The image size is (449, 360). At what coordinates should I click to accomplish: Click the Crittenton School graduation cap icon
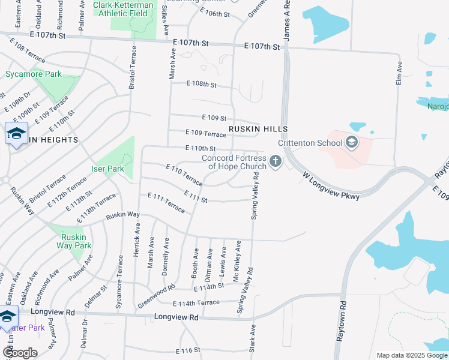coord(351,143)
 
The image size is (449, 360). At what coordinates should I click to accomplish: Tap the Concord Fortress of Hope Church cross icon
coord(276,161)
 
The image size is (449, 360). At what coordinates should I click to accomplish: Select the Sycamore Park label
coord(34,74)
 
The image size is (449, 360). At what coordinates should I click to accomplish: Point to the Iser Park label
coord(107,169)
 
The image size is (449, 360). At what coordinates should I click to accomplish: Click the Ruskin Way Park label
coord(73,241)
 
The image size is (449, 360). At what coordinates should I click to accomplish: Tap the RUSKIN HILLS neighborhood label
coord(258,129)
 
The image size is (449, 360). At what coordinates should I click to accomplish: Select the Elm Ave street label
coord(399,73)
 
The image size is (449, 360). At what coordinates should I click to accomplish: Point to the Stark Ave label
coord(253,338)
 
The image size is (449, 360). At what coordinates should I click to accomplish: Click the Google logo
coord(20,352)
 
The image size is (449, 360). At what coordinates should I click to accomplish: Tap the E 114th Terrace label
coord(196,302)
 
